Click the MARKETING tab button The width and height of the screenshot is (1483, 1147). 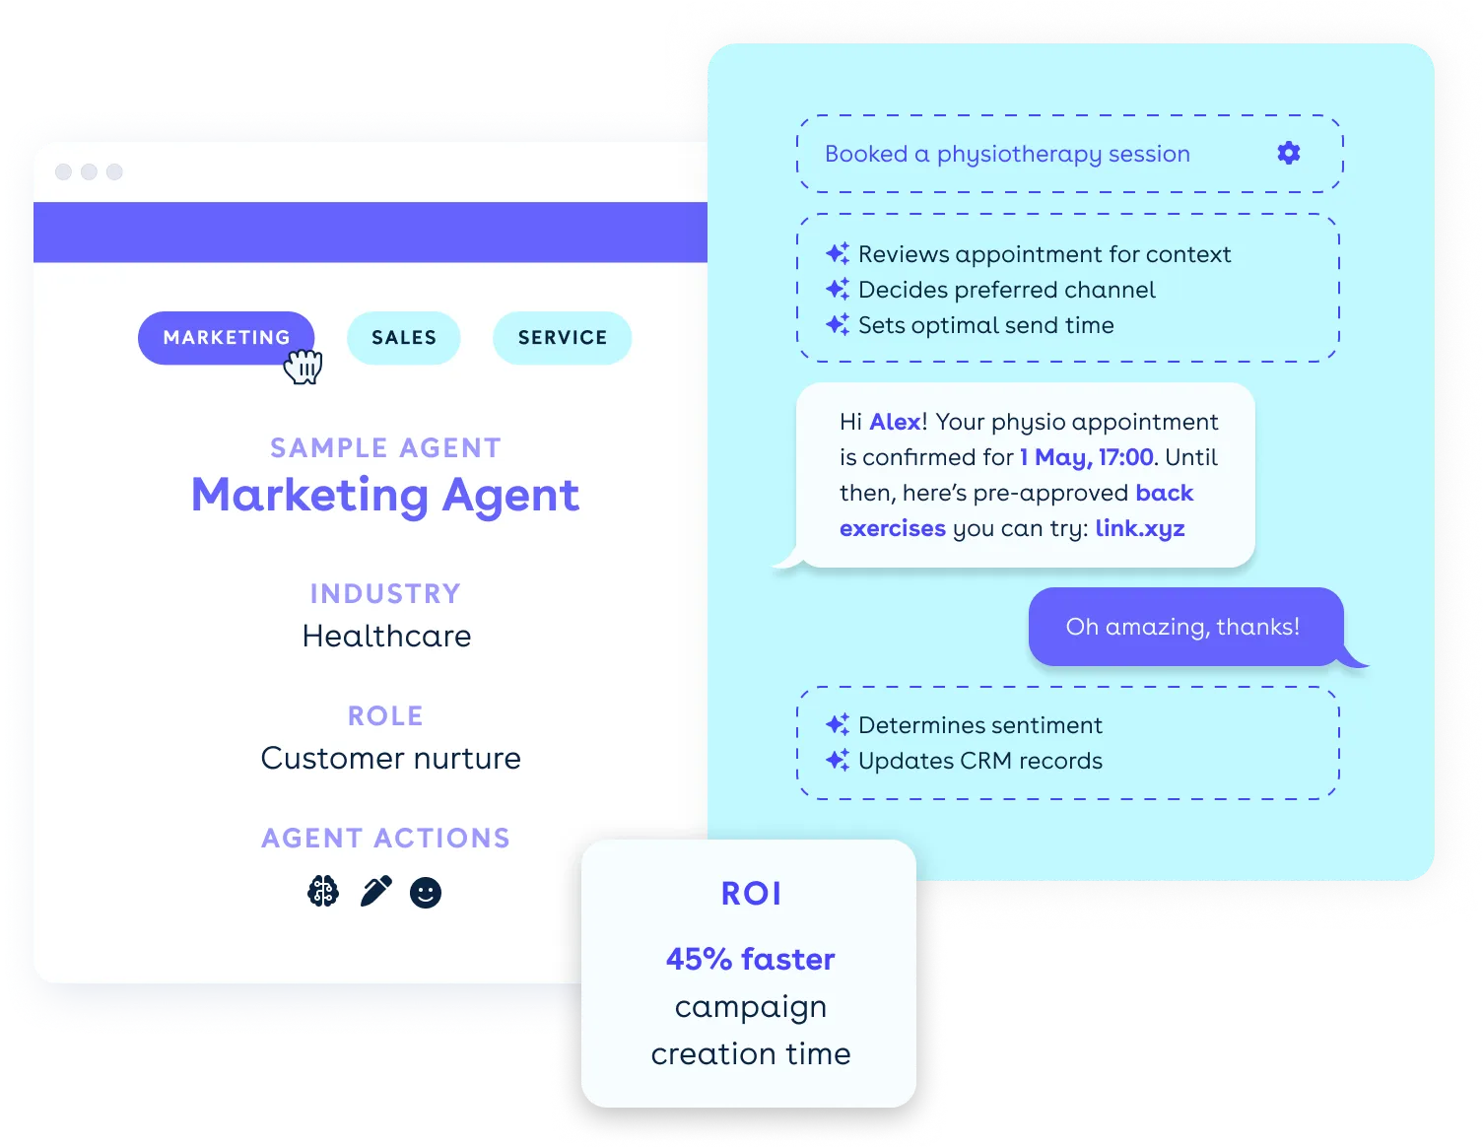226,338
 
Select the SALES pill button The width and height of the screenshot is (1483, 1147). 403,338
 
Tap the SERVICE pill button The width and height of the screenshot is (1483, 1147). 562,338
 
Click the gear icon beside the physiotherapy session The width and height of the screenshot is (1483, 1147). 1288,153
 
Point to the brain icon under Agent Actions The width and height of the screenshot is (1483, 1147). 323,892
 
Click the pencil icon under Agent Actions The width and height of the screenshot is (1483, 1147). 375,891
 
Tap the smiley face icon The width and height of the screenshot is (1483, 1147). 426,893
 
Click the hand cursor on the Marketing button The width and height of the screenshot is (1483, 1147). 303,367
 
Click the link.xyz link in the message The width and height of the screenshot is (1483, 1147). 1139,528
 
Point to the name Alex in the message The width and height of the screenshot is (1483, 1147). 895,422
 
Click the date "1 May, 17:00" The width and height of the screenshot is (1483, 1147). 1086,457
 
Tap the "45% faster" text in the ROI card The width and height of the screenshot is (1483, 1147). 750,959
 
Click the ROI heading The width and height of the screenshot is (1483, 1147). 751,894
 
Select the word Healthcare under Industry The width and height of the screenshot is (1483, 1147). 386,637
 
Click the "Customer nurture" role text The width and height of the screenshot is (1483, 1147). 390,759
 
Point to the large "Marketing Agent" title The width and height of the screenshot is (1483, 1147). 385,495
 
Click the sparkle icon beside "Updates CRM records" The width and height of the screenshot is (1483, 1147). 838,761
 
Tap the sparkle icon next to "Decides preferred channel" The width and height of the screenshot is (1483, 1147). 838,290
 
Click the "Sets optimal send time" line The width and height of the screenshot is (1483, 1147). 985,325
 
